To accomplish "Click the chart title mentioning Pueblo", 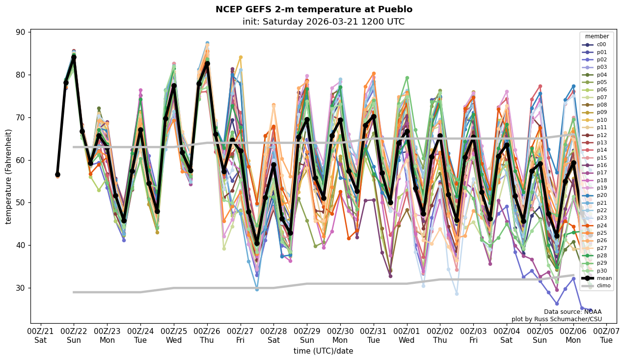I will point(314,9).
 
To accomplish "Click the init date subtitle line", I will point(323,22).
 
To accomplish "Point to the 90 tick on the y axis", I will point(23,32).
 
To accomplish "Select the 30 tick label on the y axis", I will point(23,288).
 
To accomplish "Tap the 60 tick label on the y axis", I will point(23,160).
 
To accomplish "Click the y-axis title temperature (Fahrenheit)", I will point(9,176).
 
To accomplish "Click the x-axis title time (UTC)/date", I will point(323,351).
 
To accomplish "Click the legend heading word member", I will point(597,36).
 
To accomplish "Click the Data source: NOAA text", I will point(572,312).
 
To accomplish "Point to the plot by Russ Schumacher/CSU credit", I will point(556,319).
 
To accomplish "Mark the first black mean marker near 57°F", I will point(57,174).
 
